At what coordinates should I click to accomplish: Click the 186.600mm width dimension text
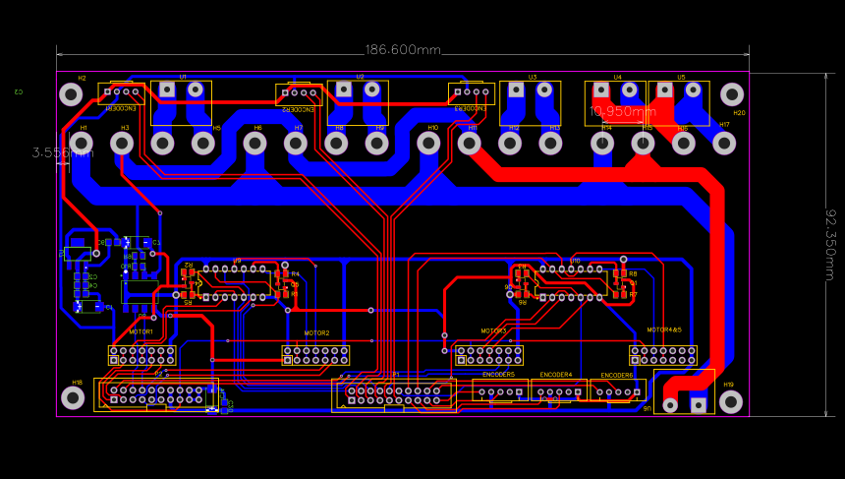coord(403,50)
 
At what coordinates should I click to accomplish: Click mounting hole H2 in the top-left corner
coord(71,94)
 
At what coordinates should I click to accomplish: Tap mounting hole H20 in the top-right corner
coord(732,94)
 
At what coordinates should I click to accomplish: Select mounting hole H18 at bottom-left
coord(73,397)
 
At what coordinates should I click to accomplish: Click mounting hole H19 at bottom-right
coord(730,401)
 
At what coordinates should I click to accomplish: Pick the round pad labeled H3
coord(122,144)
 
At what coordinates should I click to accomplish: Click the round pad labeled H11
coord(470,144)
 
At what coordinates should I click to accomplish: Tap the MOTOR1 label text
coord(141,332)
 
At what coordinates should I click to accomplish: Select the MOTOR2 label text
coord(316,333)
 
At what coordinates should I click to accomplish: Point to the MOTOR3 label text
coord(493,331)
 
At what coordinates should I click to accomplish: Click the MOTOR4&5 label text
coord(664,330)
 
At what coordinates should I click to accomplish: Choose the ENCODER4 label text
coord(556,375)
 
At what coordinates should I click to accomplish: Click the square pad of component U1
coord(167,90)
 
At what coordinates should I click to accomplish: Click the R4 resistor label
coord(295,274)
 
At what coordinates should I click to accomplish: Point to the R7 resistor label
coord(633,294)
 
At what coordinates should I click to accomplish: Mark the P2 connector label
coord(159,374)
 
